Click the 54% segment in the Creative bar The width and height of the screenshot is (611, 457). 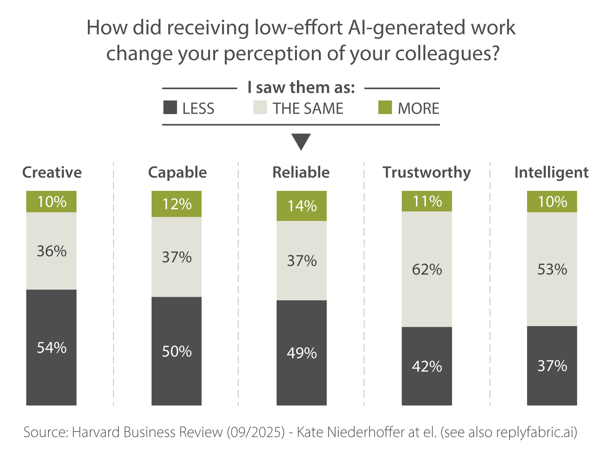[x=51, y=347]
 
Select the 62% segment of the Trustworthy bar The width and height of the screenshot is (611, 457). [x=427, y=269]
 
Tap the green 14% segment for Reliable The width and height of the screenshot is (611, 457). [x=302, y=206]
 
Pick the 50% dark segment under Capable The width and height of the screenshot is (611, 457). [x=177, y=351]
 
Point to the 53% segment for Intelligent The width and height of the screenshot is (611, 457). [x=552, y=269]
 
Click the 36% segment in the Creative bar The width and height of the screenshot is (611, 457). [x=51, y=251]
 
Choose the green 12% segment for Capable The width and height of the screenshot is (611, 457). [x=177, y=204]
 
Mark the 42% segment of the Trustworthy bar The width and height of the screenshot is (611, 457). [x=427, y=366]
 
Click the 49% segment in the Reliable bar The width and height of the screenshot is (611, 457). [x=302, y=353]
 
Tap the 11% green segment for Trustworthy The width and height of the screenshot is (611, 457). [x=427, y=201]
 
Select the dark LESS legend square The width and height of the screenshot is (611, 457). [x=170, y=108]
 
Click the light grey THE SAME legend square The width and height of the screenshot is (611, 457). [x=260, y=108]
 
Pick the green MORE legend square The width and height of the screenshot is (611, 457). [x=385, y=108]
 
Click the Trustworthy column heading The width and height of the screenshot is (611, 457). [x=426, y=172]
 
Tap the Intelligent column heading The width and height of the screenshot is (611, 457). [x=551, y=172]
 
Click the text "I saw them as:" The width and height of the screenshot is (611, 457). [x=301, y=88]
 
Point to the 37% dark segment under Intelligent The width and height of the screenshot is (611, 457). [x=552, y=366]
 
